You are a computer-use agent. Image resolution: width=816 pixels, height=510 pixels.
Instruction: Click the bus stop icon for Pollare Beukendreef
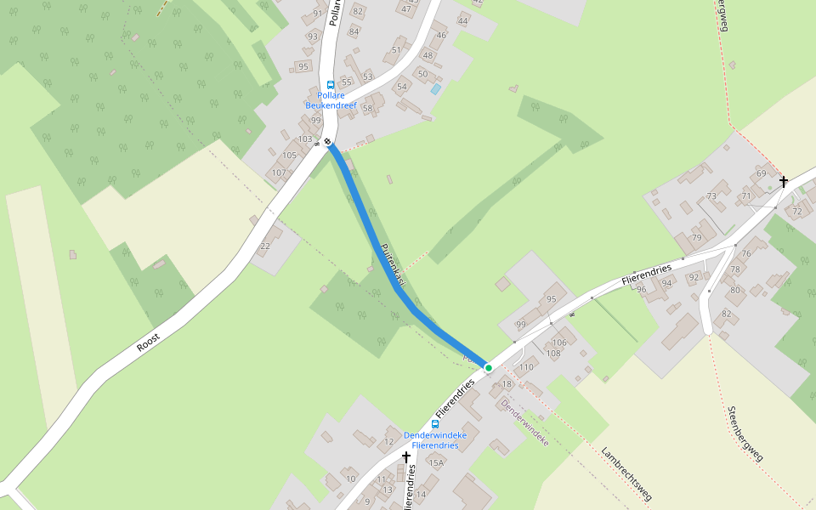331,85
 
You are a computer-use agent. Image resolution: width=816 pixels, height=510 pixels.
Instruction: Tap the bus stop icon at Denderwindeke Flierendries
435,423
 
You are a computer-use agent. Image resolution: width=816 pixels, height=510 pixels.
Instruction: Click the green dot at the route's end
489,367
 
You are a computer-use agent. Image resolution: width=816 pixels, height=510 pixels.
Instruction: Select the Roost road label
148,343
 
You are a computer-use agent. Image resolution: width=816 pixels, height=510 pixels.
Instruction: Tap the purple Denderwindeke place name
524,423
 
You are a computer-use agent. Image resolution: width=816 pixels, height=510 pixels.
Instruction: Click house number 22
265,246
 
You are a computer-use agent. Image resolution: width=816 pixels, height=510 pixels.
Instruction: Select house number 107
279,173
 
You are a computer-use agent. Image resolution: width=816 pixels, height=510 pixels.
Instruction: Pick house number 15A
436,462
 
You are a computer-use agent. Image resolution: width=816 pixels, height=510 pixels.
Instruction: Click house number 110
526,367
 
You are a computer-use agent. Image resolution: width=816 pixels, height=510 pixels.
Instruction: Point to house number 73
711,196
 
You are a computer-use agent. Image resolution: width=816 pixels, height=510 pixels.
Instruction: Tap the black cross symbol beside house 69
783,181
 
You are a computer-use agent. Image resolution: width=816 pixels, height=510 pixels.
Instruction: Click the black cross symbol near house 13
406,457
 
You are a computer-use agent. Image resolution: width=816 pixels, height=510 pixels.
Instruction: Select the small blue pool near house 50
436,88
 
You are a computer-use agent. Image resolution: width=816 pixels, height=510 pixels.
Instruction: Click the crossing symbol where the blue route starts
327,141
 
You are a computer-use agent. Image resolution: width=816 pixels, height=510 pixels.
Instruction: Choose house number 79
697,237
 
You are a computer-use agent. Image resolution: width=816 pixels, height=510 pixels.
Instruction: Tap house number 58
367,108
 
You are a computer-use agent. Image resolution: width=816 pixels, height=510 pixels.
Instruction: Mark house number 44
463,20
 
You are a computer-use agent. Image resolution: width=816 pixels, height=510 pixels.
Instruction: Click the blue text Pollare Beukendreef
331,100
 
